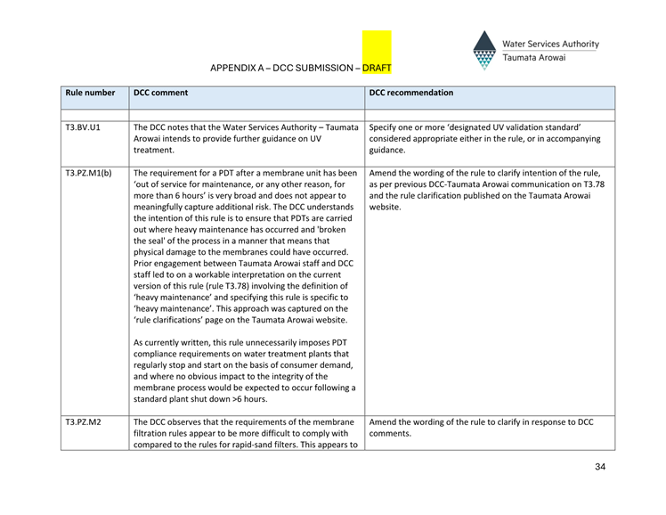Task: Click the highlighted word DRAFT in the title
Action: [376, 68]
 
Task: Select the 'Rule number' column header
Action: [90, 93]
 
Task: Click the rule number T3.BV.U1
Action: [83, 127]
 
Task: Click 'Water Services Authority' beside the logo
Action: [550, 44]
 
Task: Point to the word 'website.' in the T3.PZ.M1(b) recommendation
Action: [386, 208]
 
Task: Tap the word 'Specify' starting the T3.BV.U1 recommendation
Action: [384, 127]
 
